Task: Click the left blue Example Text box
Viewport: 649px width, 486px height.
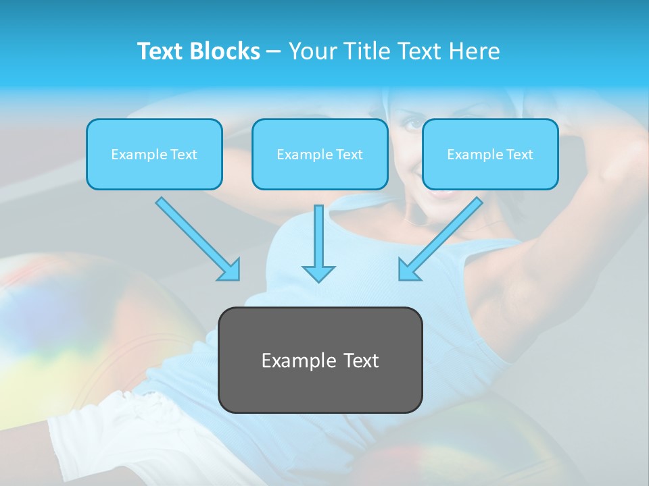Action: coord(154,154)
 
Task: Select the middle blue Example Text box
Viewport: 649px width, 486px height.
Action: coord(320,154)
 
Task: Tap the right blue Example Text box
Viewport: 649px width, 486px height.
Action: coord(490,154)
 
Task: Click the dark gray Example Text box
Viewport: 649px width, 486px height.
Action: coord(320,360)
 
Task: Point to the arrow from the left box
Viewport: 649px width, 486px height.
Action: coord(196,238)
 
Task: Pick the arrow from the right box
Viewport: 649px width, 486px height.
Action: coord(442,238)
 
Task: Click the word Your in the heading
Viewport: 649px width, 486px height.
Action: coord(312,51)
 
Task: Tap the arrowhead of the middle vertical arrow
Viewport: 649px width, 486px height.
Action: coord(318,273)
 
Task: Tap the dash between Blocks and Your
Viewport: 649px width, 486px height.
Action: coord(274,52)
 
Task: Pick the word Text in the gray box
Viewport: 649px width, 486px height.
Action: coord(360,360)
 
